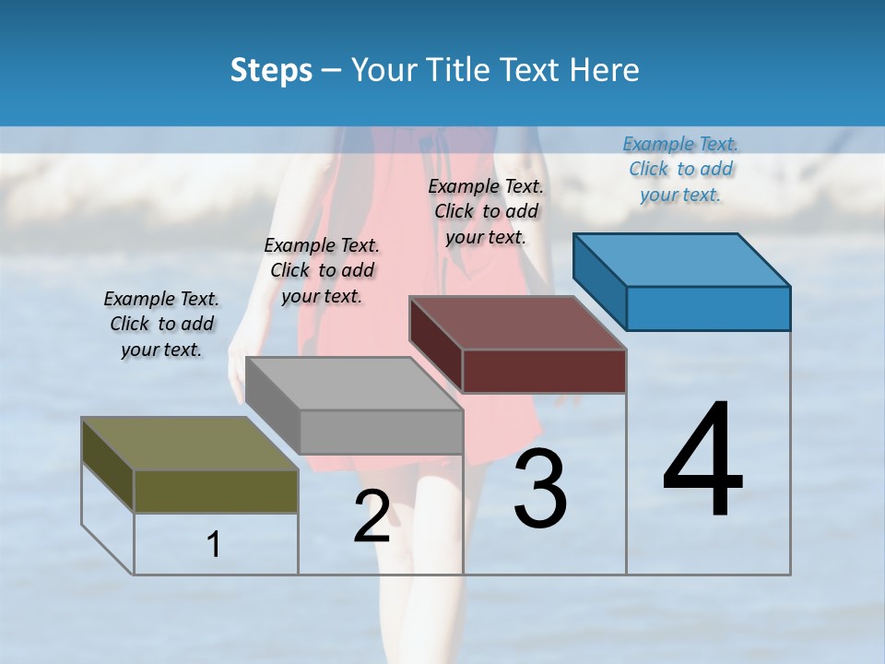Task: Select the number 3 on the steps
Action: point(540,489)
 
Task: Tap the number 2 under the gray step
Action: point(372,516)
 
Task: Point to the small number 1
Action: point(214,545)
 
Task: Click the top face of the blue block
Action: point(682,259)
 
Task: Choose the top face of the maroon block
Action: point(518,323)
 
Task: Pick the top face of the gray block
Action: point(354,383)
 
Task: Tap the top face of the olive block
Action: point(190,444)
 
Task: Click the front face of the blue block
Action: point(708,308)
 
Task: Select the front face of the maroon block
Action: point(544,371)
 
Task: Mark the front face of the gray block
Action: point(381,432)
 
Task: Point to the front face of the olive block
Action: point(216,492)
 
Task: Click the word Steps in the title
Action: point(271,70)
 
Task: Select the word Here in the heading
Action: point(605,70)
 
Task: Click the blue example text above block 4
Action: point(680,169)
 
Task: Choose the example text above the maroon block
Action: point(486,211)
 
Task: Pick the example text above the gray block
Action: point(322,270)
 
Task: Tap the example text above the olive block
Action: point(161,324)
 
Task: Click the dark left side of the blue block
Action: point(599,281)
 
